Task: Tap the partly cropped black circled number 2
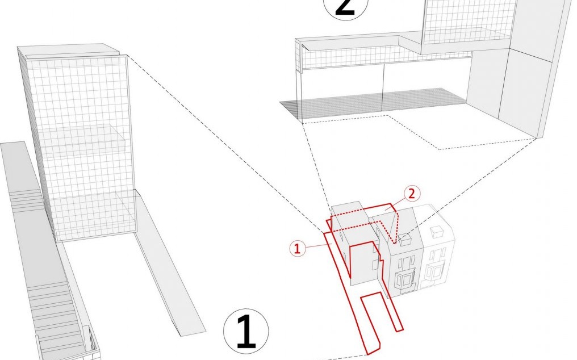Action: [x=345, y=8]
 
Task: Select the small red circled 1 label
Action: [x=298, y=249]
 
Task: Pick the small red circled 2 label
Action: [x=411, y=194]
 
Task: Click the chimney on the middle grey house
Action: [x=405, y=239]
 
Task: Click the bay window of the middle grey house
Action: [x=405, y=279]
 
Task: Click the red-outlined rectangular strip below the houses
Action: [x=381, y=312]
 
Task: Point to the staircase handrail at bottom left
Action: [x=92, y=337]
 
